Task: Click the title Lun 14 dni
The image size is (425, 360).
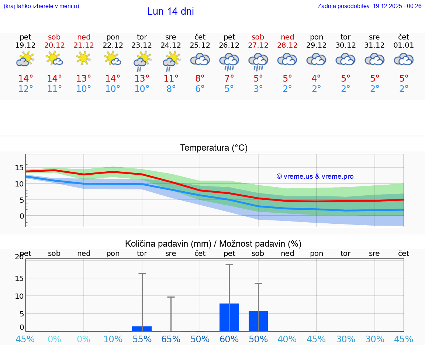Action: pyautogui.click(x=170, y=11)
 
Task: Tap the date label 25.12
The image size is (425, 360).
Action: pyautogui.click(x=200, y=45)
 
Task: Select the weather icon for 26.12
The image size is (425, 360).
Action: pyautogui.click(x=229, y=61)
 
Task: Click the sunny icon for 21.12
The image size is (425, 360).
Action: pyautogui.click(x=84, y=58)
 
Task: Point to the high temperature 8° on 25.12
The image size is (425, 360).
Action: pyautogui.click(x=200, y=78)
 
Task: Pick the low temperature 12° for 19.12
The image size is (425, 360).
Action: pyautogui.click(x=25, y=89)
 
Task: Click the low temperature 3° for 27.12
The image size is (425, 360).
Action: pyautogui.click(x=258, y=89)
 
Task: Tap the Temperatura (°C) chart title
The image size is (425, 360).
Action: pyautogui.click(x=214, y=148)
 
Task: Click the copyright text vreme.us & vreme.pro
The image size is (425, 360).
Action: pyautogui.click(x=315, y=176)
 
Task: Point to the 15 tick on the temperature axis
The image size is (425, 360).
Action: pyautogui.click(x=19, y=168)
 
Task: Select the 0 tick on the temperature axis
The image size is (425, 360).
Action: pyautogui.click(x=22, y=216)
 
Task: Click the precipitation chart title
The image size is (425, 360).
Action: pyautogui.click(x=213, y=244)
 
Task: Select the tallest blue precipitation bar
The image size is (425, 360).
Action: pyautogui.click(x=229, y=317)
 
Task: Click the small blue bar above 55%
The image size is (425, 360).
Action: pyautogui.click(x=142, y=329)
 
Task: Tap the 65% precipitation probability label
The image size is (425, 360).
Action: pyautogui.click(x=171, y=339)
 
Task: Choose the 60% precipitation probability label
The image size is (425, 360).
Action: pyautogui.click(x=229, y=339)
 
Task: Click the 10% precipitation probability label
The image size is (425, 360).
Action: pyautogui.click(x=113, y=339)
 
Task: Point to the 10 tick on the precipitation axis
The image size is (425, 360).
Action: pyautogui.click(x=19, y=296)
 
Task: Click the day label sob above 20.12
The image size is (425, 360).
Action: pyautogui.click(x=54, y=37)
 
